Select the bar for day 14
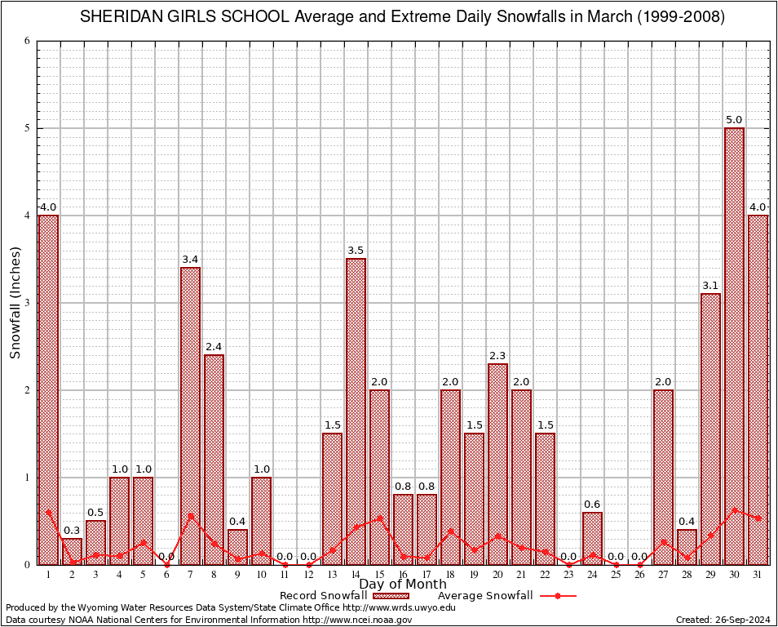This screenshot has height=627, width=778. click(356, 408)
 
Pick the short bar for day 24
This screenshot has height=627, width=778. click(592, 539)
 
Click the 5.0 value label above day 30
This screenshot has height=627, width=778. click(734, 120)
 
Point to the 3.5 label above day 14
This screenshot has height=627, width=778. click(356, 251)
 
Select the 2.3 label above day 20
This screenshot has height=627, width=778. click(497, 356)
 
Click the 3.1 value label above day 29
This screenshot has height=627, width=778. click(710, 286)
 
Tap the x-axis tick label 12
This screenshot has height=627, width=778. click(308, 575)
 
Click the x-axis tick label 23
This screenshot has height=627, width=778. click(568, 575)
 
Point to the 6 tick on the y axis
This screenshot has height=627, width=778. click(27, 41)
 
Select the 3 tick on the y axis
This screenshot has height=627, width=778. click(27, 303)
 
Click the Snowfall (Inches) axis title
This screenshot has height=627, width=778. click(15, 303)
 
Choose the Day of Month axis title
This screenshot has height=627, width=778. click(403, 585)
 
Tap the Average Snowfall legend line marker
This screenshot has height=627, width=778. click(557, 596)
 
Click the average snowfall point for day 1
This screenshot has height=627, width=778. click(48, 513)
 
